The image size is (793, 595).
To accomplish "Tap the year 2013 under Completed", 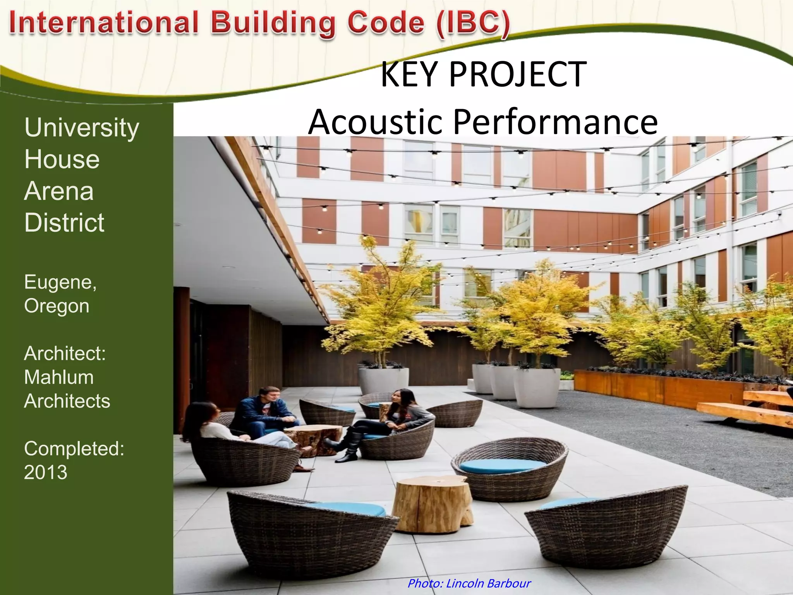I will [46, 472].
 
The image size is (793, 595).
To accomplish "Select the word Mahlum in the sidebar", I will [59, 377].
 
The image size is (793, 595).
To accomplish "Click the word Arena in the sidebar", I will [59, 191].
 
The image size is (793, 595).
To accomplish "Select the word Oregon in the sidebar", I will [57, 306].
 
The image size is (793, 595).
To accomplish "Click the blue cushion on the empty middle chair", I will [502, 465].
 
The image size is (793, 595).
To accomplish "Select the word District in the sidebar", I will [64, 223].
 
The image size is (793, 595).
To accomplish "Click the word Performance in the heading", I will [555, 122].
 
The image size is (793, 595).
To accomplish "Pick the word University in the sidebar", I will [82, 127].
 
